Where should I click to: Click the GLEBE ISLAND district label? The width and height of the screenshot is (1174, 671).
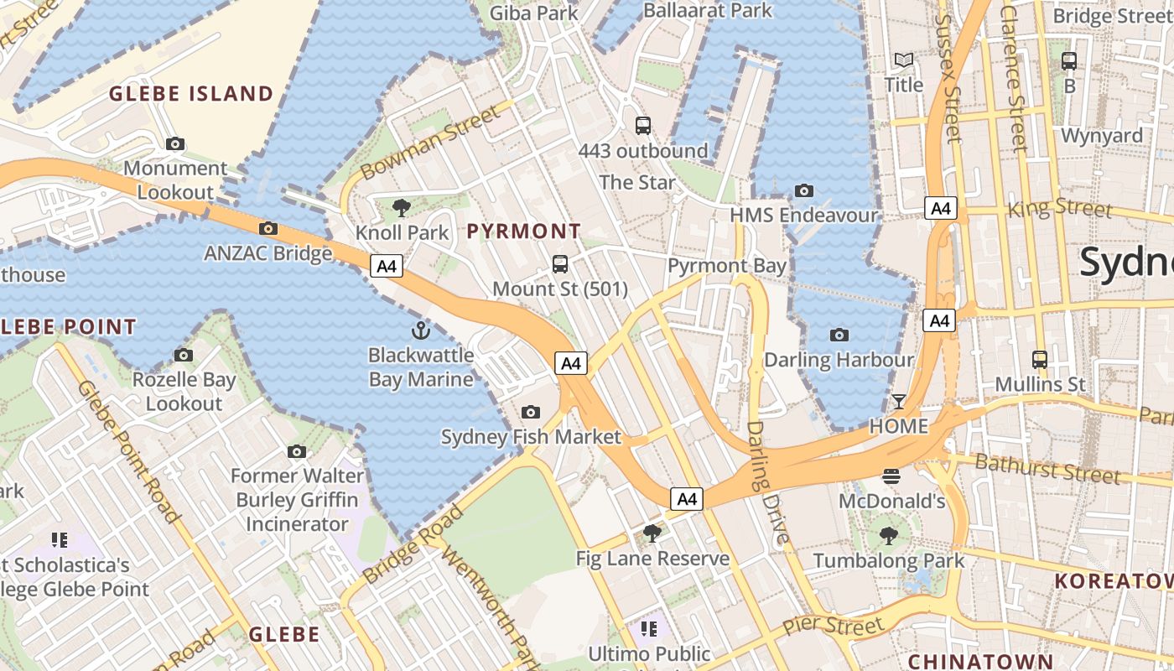click(192, 93)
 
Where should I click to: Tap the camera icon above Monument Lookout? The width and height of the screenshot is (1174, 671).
click(174, 143)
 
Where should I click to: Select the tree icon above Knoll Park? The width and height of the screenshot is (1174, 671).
click(402, 207)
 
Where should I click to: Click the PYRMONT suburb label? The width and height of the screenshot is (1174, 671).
click(523, 231)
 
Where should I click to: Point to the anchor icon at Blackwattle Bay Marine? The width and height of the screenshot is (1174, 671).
click(421, 330)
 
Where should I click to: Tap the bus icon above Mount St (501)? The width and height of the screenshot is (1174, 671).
click(560, 264)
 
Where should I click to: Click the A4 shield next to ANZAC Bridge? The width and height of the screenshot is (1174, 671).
click(387, 267)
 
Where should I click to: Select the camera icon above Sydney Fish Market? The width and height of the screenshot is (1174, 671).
click(530, 412)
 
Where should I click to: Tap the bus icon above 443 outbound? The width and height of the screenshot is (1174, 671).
click(643, 126)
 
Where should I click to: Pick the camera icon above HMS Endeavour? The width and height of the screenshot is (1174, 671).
click(803, 190)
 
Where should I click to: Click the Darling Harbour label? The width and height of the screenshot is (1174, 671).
click(839, 360)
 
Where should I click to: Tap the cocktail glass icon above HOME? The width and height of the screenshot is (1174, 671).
click(899, 401)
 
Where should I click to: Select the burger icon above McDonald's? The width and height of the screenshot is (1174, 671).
click(891, 476)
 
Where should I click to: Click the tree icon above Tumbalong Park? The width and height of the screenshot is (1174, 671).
click(888, 535)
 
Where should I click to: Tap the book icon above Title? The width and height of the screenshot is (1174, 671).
click(904, 60)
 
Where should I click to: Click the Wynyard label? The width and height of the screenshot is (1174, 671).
click(1101, 135)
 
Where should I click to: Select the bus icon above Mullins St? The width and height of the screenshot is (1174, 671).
click(1040, 360)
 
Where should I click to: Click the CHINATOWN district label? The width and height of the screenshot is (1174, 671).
click(979, 661)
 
